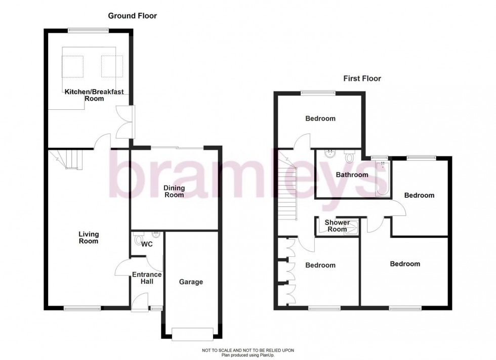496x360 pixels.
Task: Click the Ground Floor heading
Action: [132, 16]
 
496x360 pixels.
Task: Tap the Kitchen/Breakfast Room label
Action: [94, 95]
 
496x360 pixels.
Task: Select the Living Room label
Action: [89, 238]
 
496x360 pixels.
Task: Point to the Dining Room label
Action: [174, 191]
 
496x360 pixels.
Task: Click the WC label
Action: [147, 244]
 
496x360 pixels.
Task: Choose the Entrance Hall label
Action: [147, 278]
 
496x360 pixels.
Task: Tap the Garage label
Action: [191, 282]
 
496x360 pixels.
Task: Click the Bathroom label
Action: [352, 175]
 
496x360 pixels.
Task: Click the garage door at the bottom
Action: [192, 334]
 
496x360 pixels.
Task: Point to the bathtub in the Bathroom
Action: [382, 178]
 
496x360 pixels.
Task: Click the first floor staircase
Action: [287, 187]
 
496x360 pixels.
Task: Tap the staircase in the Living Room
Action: [69, 159]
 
